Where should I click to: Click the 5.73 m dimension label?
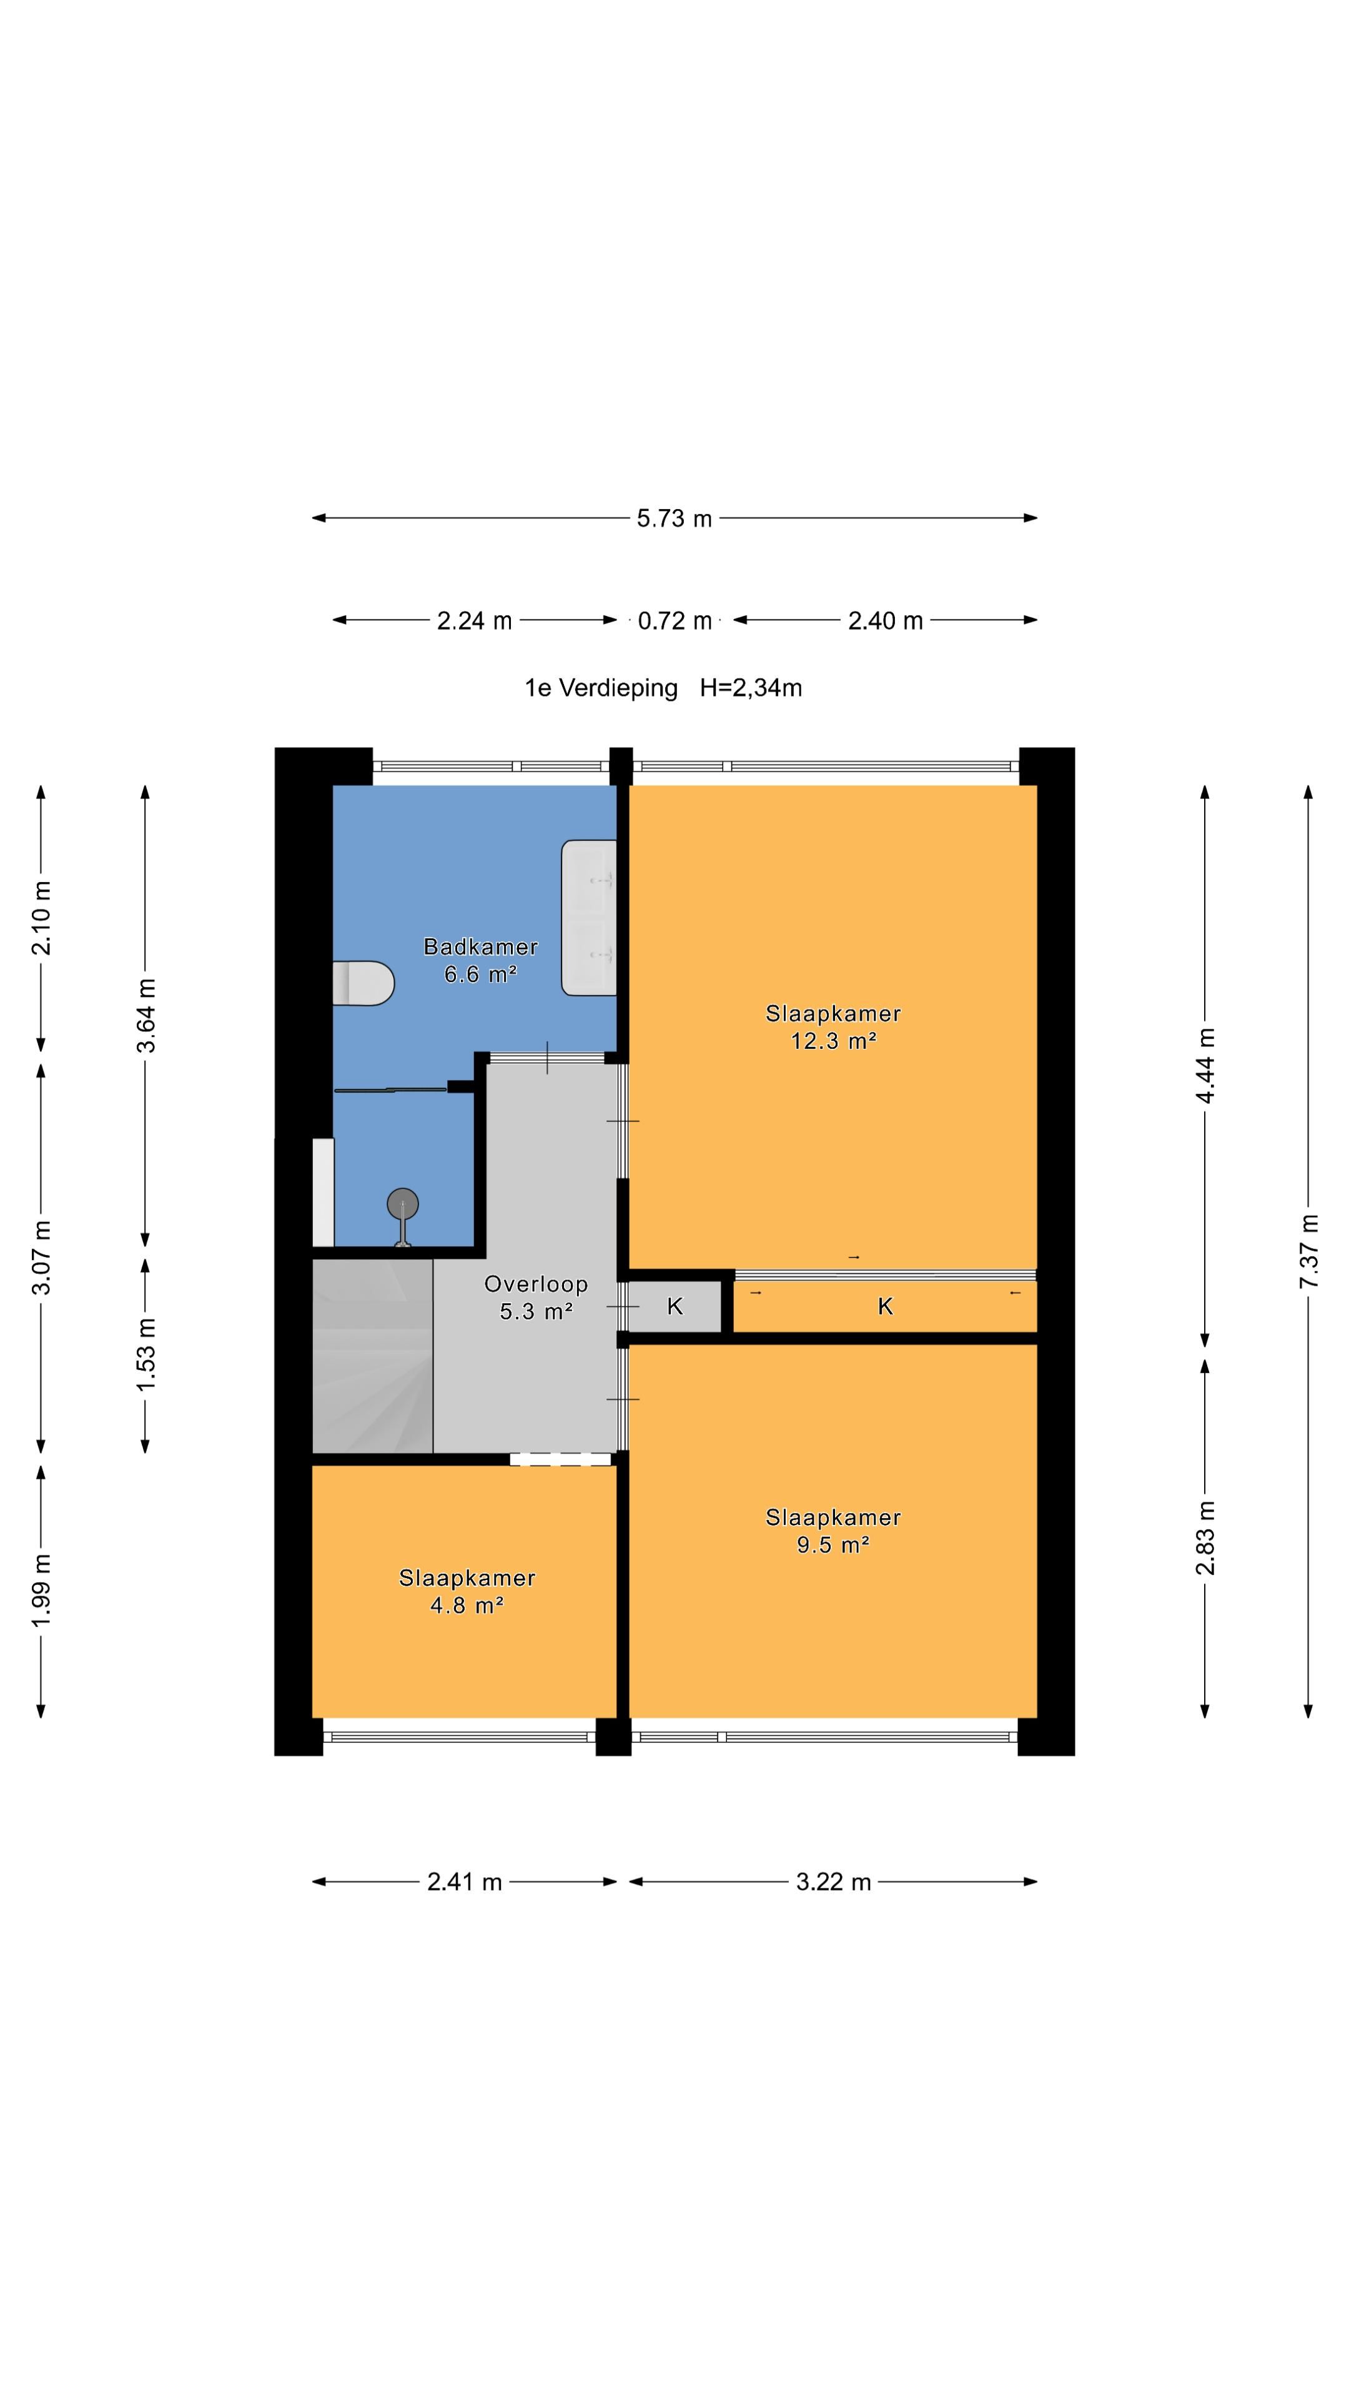674,519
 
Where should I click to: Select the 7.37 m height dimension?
1309,1251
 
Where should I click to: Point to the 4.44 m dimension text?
1205,1065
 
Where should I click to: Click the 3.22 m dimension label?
833,1882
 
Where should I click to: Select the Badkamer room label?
480,947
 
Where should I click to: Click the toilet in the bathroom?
363,983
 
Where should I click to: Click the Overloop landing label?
536,1284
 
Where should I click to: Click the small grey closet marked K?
675,1306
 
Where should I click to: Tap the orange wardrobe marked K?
886,1306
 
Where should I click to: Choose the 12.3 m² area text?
833,1041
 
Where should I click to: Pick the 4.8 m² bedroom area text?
467,1606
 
